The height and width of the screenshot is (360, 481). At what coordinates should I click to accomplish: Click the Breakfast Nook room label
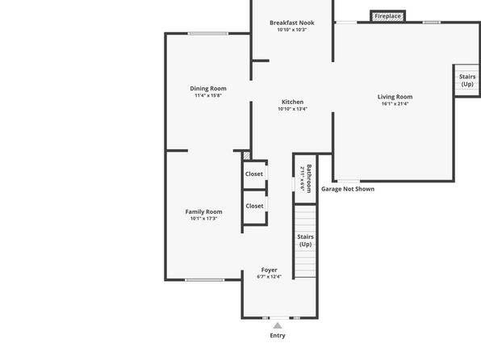(291, 23)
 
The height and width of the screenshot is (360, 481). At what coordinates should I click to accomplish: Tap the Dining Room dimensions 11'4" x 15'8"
(208, 95)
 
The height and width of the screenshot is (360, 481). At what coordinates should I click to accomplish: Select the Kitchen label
(293, 102)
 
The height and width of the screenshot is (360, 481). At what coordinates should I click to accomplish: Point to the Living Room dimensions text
(395, 104)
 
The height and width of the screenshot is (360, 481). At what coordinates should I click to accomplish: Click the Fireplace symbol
(387, 16)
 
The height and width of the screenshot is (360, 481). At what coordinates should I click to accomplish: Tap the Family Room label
(203, 211)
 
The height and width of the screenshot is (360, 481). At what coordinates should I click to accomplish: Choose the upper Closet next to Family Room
(254, 174)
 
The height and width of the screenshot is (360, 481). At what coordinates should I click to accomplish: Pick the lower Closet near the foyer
(254, 206)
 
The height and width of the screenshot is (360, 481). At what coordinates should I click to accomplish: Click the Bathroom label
(309, 178)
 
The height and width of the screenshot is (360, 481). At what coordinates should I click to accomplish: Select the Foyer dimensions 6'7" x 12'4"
(269, 277)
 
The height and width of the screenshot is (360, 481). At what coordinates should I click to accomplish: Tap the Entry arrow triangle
(278, 325)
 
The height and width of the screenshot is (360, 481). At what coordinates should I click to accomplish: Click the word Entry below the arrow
(278, 336)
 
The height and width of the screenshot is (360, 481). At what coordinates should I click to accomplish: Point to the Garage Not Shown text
(348, 189)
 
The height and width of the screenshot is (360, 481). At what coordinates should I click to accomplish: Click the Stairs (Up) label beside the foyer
(305, 241)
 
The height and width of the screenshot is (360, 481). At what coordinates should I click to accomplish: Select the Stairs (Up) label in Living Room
(467, 81)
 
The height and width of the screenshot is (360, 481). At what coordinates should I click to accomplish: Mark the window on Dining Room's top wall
(208, 33)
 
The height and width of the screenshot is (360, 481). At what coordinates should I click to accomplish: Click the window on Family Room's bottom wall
(205, 280)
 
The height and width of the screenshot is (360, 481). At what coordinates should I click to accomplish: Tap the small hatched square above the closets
(247, 156)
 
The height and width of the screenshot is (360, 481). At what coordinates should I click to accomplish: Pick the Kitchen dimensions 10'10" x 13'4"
(293, 109)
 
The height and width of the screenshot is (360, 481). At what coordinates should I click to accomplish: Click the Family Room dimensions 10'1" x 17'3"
(203, 219)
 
